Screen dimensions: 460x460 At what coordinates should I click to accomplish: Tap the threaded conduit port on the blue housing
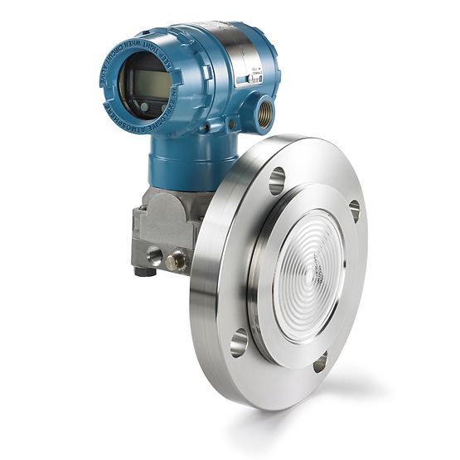264,114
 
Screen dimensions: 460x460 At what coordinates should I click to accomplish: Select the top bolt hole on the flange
277,180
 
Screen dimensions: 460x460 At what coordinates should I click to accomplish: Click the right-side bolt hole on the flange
355,211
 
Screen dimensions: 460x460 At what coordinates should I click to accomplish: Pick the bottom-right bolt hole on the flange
320,361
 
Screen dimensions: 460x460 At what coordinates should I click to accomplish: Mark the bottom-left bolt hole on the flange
239,341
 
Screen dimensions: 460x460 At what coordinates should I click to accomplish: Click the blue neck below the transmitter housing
178,162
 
